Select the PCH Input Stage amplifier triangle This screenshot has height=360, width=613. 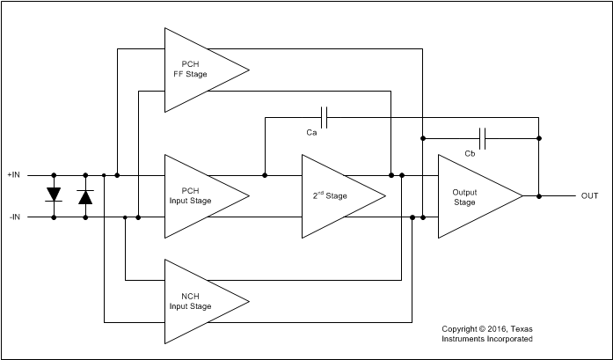[x=198, y=195]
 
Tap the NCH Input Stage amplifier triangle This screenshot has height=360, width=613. [x=198, y=301]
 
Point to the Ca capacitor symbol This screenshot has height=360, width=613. [x=325, y=116]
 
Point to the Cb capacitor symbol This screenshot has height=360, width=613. [x=481, y=137]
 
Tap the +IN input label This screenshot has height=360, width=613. [x=15, y=175]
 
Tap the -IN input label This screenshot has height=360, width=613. [x=15, y=217]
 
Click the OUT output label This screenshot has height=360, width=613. [x=589, y=196]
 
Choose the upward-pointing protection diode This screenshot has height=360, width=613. [x=85, y=196]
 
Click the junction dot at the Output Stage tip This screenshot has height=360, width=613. [x=539, y=195]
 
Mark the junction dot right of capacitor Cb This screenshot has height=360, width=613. [x=539, y=137]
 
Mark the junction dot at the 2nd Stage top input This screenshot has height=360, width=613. [x=265, y=174]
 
